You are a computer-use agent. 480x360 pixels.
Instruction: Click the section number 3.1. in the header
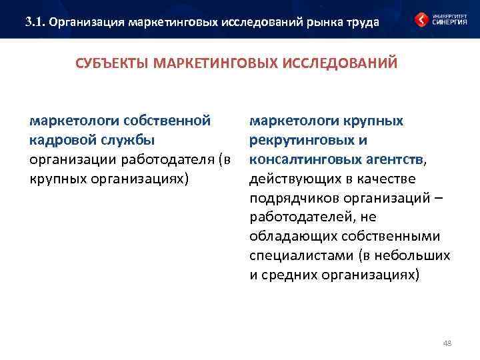(36, 22)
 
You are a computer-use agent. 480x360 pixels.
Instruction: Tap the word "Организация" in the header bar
(87, 22)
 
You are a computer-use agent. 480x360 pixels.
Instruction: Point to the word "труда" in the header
(361, 22)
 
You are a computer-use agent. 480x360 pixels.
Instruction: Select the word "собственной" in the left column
(170, 121)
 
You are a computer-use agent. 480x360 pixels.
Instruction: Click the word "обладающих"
(288, 237)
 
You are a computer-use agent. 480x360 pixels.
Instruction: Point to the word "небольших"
(418, 257)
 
